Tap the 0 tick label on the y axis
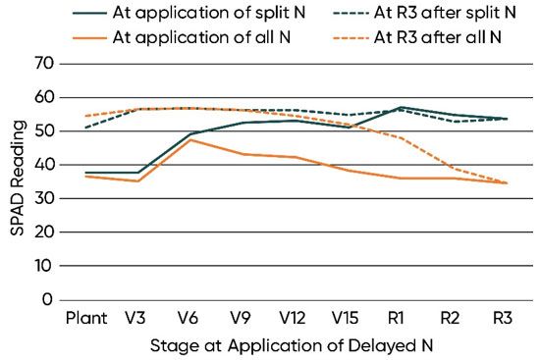(45, 299)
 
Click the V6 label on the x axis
(190, 318)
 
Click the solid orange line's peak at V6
(190, 140)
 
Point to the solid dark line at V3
(137, 173)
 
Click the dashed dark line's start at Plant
(85, 128)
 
